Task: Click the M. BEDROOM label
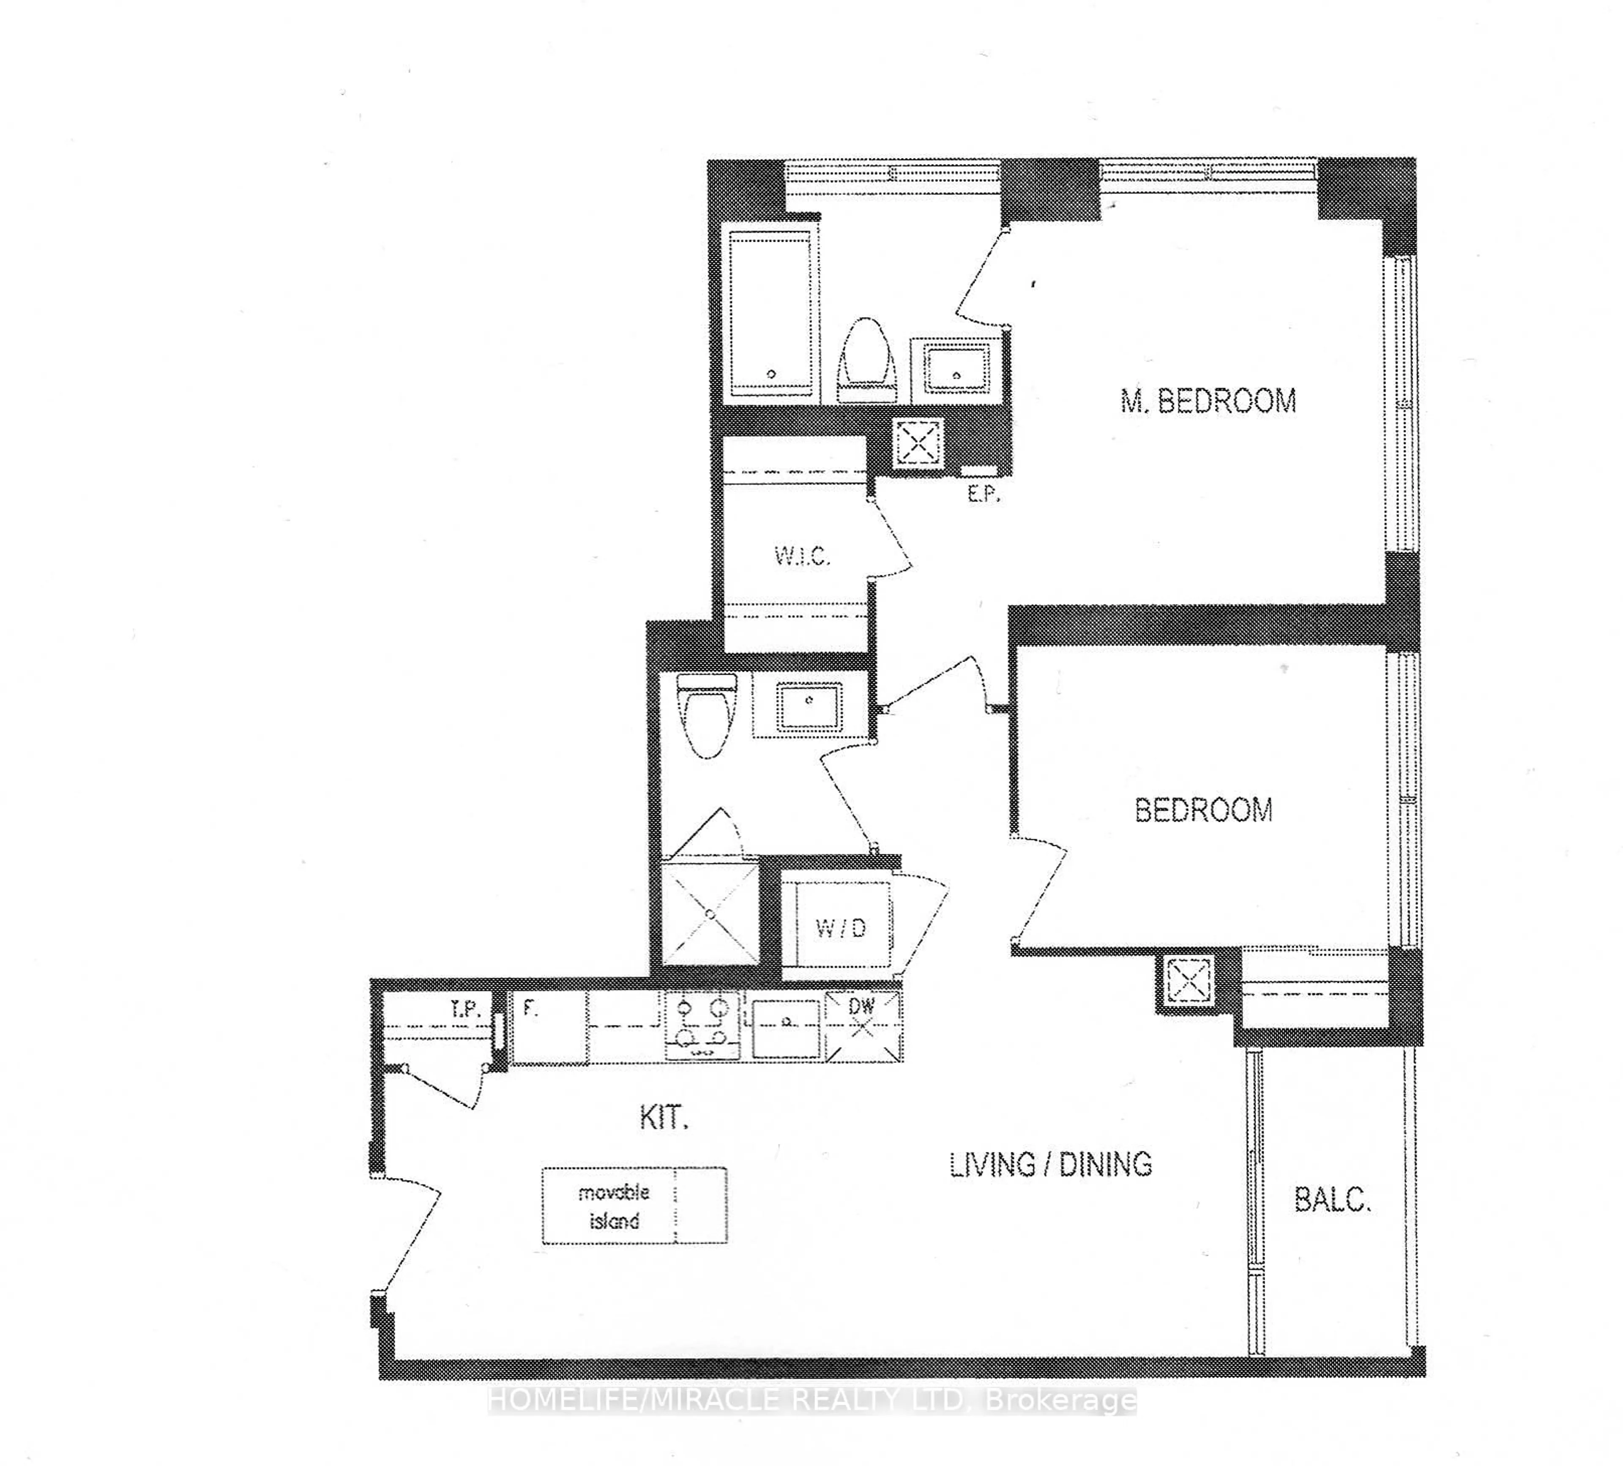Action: pos(1208,401)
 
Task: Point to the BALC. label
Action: pos(1332,1201)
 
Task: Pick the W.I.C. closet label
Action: pos(802,555)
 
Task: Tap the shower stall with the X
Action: pos(709,914)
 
